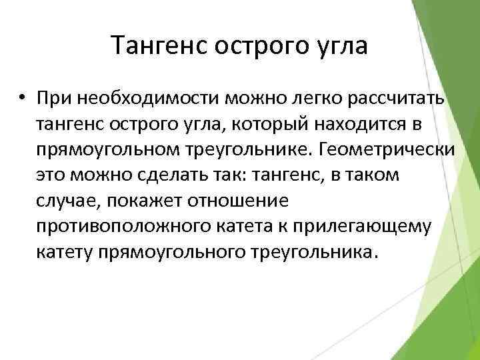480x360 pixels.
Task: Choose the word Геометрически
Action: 389,149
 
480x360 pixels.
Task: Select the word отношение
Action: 251,200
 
